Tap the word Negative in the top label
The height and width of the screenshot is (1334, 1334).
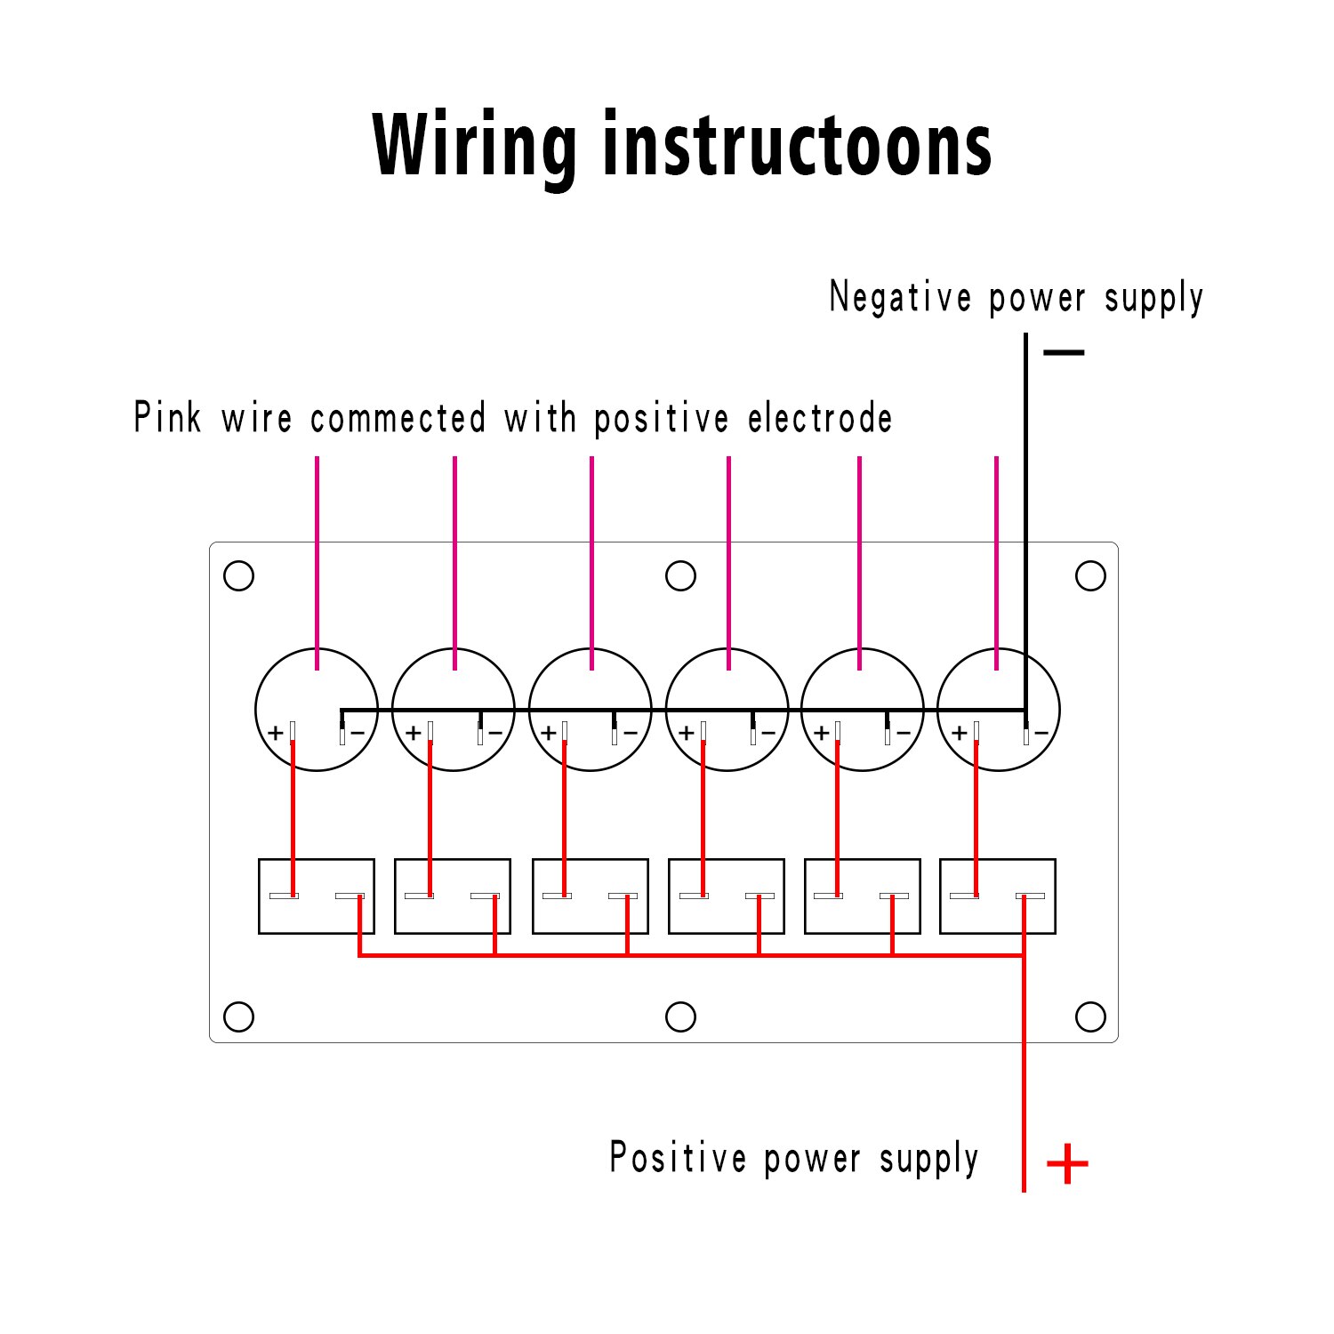[900, 297]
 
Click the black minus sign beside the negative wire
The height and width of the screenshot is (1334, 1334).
[1064, 353]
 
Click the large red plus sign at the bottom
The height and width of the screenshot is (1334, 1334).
[1067, 1163]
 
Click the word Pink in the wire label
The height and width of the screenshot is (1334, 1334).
[167, 418]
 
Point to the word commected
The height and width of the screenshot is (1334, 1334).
[398, 418]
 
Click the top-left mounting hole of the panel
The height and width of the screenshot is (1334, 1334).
[238, 575]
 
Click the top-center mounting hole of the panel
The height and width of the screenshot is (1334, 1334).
[680, 575]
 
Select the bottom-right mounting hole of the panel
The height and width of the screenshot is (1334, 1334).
[1090, 1017]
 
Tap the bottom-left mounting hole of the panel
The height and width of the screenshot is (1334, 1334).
[238, 1017]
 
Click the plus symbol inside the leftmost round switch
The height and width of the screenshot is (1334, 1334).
[276, 733]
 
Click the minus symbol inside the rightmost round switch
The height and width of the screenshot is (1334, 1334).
[1041, 734]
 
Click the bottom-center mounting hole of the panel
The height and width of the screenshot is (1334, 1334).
[680, 1017]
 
